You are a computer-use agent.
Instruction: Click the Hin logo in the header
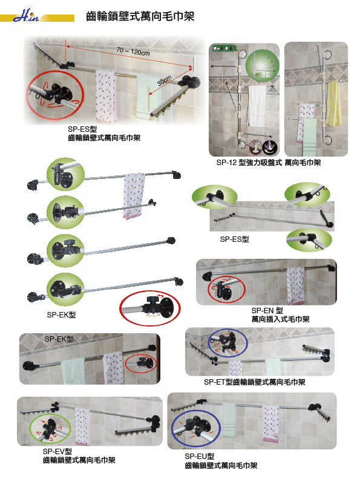[26, 16]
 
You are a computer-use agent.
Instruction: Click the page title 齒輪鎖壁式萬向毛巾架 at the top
[140, 16]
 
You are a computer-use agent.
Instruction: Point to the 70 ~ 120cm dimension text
[133, 51]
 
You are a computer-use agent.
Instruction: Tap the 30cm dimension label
[164, 80]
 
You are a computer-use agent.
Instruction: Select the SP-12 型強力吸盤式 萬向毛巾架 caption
[269, 163]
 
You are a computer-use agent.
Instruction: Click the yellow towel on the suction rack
[333, 103]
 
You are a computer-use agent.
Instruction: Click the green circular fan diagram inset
[262, 65]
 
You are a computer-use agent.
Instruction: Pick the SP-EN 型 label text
[267, 310]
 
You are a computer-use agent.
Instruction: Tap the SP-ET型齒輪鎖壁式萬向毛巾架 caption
[255, 382]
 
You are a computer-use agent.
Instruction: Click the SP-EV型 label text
[57, 451]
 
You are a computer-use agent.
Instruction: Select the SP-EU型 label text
[199, 457]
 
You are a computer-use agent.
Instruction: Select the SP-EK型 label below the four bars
[61, 314]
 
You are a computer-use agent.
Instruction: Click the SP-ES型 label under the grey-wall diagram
[235, 239]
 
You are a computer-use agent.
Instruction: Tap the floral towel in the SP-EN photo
[295, 285]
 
